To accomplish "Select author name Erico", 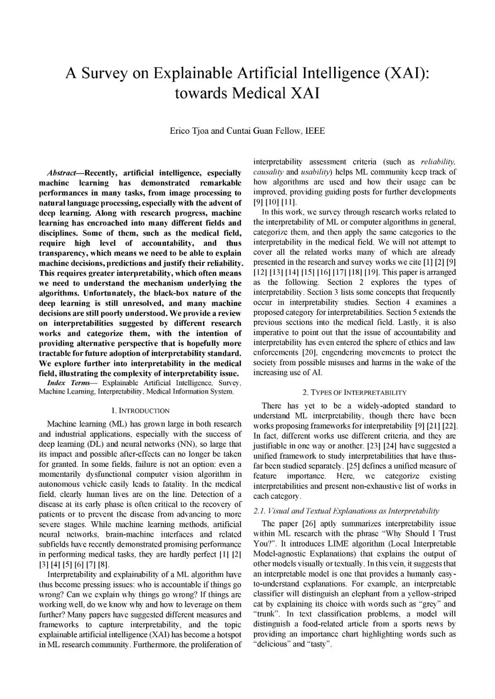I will point(180,131).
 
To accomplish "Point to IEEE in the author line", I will point(315,131).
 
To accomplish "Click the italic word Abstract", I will point(62,173).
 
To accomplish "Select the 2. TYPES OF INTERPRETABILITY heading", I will point(354,393).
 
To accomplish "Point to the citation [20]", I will point(308,353).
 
